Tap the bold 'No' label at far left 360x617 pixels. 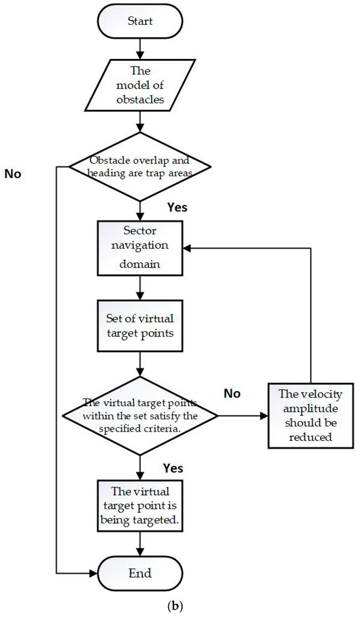click(x=14, y=174)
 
